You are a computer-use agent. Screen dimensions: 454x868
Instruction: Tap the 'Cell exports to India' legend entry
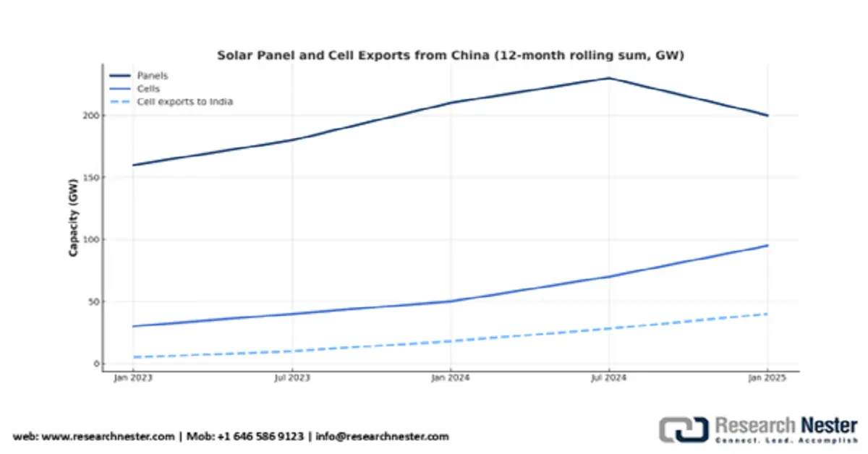click(x=184, y=102)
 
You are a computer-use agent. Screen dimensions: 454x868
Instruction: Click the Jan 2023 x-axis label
click(x=132, y=378)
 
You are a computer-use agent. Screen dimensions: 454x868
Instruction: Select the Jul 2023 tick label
click(x=291, y=378)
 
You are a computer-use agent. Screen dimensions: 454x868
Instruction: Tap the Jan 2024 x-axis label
click(x=450, y=378)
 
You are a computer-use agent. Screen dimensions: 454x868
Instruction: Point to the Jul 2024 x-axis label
click(x=609, y=378)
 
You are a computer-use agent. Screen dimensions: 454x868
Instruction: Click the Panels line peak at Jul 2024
click(x=609, y=78)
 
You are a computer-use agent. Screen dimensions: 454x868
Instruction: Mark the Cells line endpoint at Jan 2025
click(x=767, y=246)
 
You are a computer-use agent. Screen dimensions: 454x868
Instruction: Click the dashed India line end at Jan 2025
click(x=767, y=314)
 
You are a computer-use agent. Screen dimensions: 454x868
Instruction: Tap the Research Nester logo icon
click(x=683, y=429)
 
